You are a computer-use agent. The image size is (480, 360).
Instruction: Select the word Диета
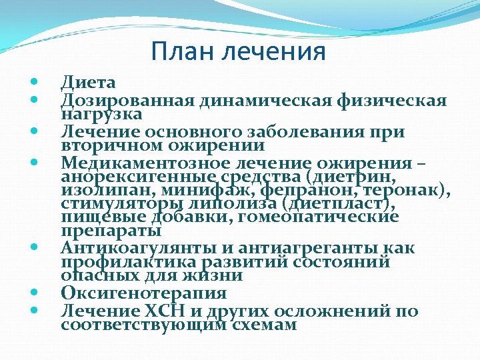click(x=88, y=83)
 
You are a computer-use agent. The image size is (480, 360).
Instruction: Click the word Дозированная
click(x=127, y=101)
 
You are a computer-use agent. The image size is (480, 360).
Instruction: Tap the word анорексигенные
click(x=137, y=177)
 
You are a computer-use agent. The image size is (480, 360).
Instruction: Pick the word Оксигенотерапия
click(x=144, y=293)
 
